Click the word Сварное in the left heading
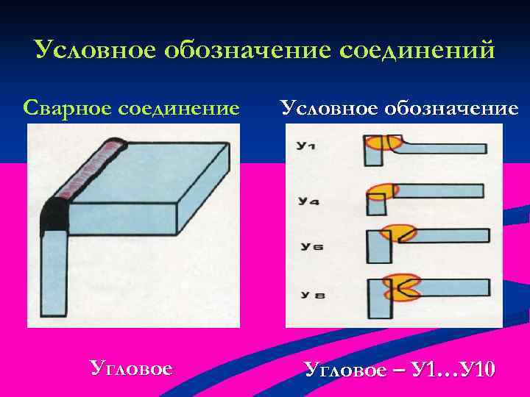tap(63, 108)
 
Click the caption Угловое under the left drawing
tap(131, 368)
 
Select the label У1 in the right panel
tap(306, 146)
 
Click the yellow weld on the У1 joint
tap(382, 142)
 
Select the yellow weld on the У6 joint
tap(397, 235)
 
